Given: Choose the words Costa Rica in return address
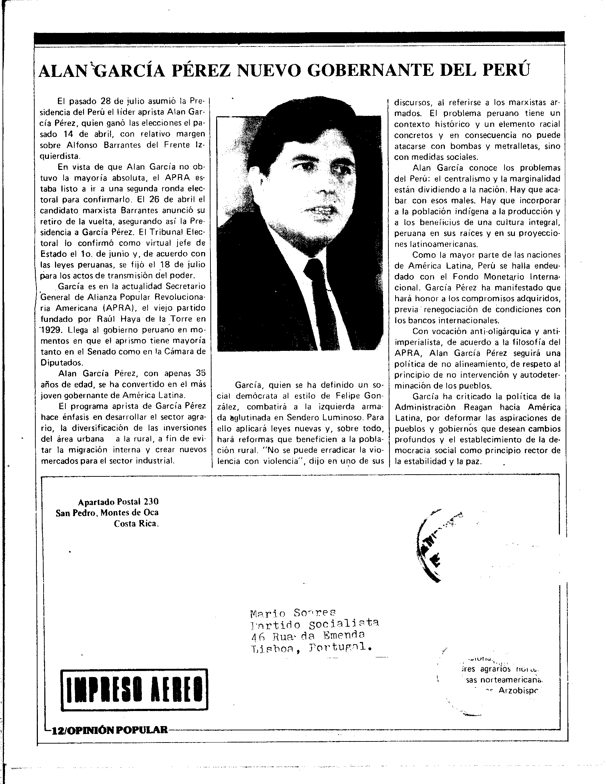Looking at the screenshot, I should (136, 524).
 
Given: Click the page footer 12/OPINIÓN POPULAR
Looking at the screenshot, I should (109, 730).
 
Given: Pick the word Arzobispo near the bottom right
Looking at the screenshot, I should (518, 691).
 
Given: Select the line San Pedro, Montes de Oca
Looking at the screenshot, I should (107, 513).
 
